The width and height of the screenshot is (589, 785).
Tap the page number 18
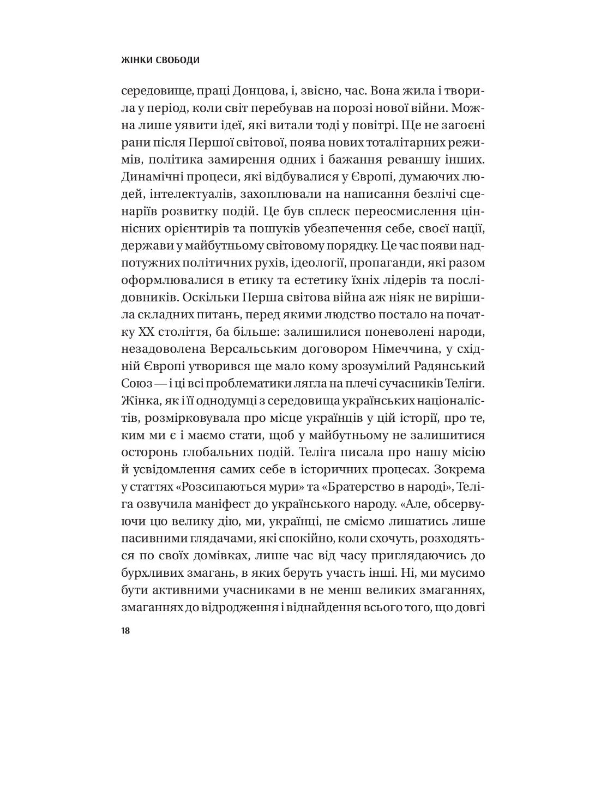pos(125,631)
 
